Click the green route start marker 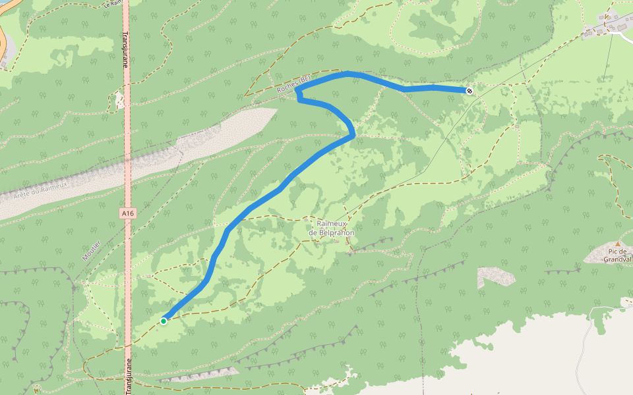164,321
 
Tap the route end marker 469,91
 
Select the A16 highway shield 128,213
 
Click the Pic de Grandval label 617,255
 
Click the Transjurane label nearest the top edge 125,49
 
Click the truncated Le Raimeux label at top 113,3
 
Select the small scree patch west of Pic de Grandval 496,276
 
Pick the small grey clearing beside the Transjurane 119,100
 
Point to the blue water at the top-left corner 3,3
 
